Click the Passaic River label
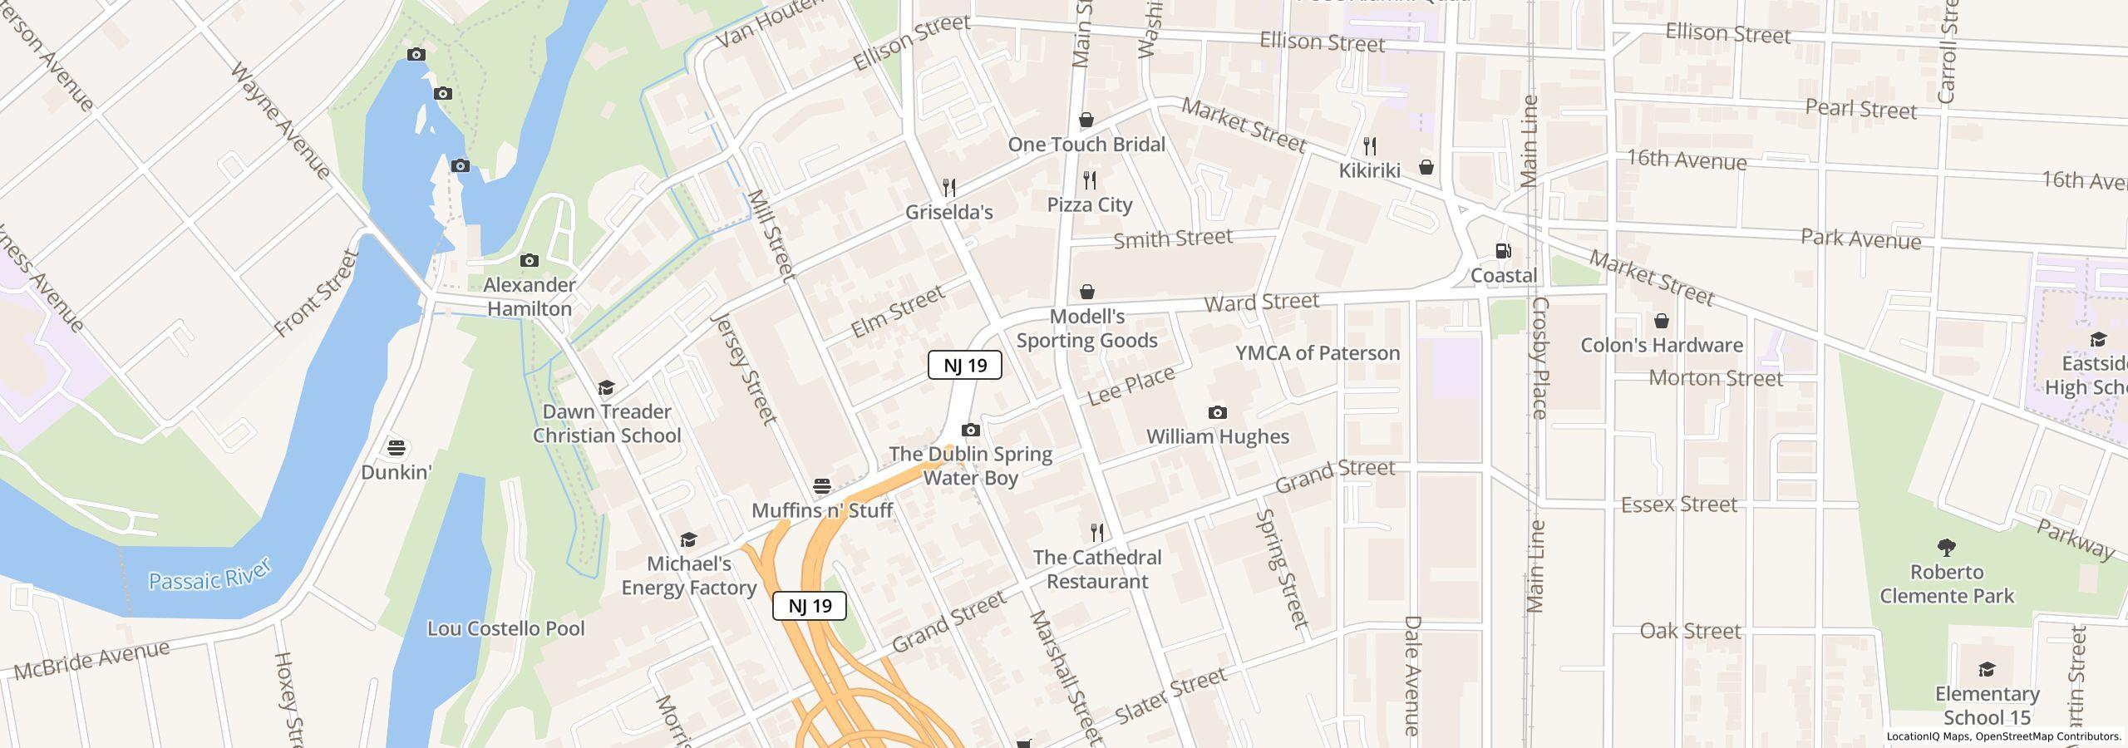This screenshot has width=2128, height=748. pos(209,576)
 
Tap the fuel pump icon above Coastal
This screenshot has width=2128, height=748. pos(1503,251)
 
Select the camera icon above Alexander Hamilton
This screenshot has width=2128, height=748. pos(529,261)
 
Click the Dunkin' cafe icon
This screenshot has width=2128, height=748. pos(397,448)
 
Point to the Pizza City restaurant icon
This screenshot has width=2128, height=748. pos(1089,180)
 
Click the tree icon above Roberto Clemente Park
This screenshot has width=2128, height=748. pos(1946,548)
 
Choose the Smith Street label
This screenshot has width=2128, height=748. pos(1172,239)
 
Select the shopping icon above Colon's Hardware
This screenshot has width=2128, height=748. pos(1661,321)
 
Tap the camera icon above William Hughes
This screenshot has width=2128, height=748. pos(1217,413)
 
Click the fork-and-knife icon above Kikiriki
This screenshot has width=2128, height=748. pos(1369,146)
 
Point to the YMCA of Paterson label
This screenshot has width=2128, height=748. pos(1318,353)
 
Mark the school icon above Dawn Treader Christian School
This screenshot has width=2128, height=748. pos(606,388)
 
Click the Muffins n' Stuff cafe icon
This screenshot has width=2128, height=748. pos(821,486)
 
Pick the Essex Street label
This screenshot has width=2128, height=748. pos(1678,504)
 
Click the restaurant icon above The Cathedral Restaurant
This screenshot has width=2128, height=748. pos(1097,533)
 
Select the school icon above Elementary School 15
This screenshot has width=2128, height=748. pos(1986,670)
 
